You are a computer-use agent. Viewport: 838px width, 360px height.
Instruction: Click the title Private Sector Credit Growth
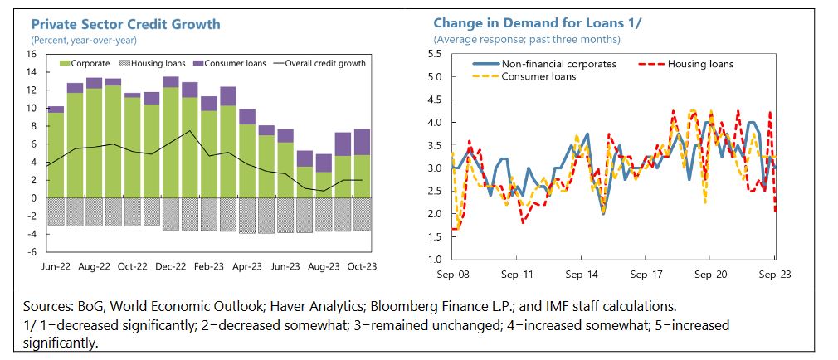coord(125,24)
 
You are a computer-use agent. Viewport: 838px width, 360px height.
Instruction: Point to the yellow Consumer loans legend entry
coord(538,76)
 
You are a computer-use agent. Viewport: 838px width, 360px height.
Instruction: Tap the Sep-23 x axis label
coord(773,272)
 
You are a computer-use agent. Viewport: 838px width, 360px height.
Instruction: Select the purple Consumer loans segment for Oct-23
coord(363,142)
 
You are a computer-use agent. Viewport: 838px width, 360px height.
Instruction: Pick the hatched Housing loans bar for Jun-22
coord(56,212)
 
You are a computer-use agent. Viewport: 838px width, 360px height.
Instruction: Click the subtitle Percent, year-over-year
coord(84,39)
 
